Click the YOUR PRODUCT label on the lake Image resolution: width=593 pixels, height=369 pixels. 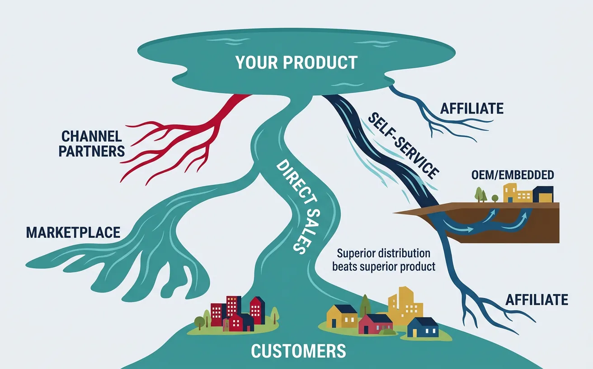tap(296, 62)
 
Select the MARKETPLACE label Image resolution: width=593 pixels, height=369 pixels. tap(73, 232)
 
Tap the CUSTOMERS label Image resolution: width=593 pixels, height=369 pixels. tap(298, 351)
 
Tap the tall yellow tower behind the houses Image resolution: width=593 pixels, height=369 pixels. tap(405, 307)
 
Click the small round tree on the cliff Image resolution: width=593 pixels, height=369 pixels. tap(494, 198)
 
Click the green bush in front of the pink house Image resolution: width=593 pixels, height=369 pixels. tap(387, 332)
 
